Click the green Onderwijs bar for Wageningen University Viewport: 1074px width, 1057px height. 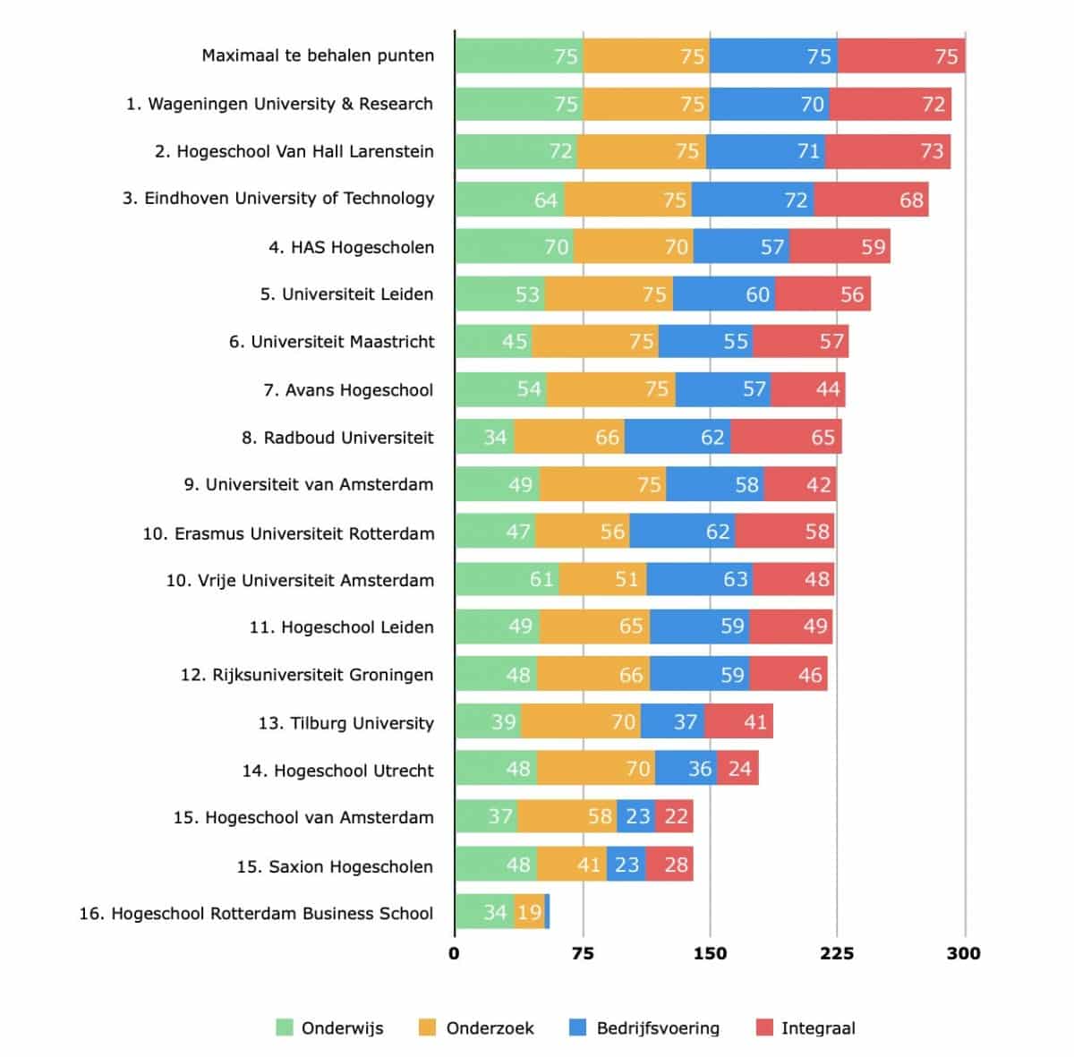(x=518, y=104)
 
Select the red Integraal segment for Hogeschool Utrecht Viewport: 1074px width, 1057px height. (x=737, y=769)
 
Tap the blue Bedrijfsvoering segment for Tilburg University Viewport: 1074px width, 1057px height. (x=672, y=721)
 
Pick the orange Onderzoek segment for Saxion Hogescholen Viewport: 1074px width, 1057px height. (x=572, y=865)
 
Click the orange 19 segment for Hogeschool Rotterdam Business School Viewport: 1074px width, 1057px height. (x=529, y=912)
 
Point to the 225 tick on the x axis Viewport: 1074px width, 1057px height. (x=837, y=953)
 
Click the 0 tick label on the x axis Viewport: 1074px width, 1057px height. (x=454, y=953)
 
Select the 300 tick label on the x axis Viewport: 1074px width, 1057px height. (x=964, y=953)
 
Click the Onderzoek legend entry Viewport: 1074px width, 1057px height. (x=490, y=1028)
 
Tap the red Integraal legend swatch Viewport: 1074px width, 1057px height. (x=764, y=1027)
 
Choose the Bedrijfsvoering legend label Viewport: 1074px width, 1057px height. (x=658, y=1028)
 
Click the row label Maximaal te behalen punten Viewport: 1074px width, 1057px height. (x=318, y=55)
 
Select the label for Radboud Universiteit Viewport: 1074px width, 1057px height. (x=337, y=438)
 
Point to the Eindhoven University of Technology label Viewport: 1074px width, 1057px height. (x=278, y=199)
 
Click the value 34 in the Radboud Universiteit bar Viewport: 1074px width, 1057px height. (x=495, y=437)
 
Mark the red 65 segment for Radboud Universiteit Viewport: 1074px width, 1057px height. (x=786, y=437)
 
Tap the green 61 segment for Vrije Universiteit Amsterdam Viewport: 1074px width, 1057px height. (x=507, y=579)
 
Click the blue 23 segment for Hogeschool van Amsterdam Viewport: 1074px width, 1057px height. (x=636, y=816)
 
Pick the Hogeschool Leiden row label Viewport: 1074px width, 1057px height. (x=341, y=627)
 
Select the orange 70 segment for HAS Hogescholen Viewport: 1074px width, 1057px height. (x=633, y=246)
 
